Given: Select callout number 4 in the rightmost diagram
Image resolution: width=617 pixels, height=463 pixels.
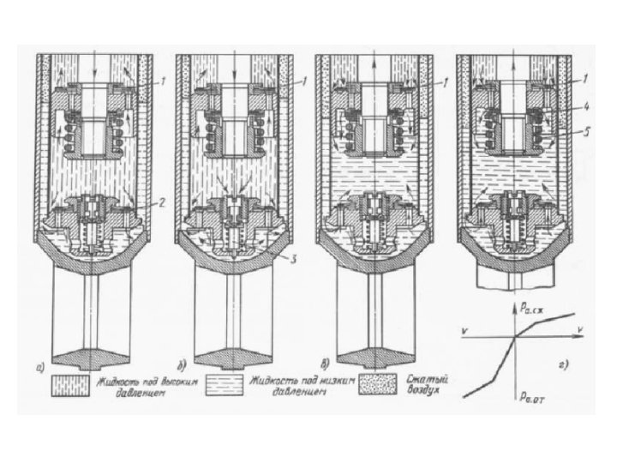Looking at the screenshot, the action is (585, 108).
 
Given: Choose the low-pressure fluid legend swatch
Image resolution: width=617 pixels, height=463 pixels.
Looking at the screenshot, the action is (225, 382).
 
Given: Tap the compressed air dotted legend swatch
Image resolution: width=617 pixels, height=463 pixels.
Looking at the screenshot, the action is (380, 382).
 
